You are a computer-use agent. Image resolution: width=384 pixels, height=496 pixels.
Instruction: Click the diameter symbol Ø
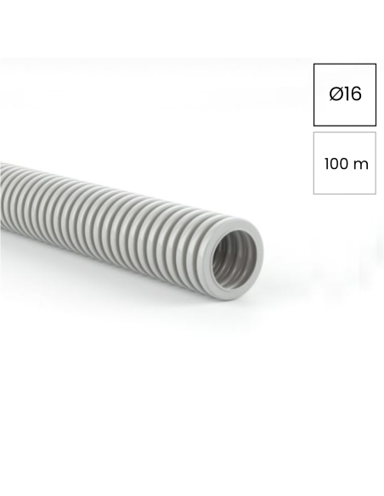coord(336,94)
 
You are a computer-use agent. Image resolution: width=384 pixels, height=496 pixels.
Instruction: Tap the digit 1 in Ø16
coord(347,94)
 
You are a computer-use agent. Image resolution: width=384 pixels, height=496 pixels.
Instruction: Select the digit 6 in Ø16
coord(356,94)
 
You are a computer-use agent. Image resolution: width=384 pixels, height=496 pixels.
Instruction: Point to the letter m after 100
coord(361,164)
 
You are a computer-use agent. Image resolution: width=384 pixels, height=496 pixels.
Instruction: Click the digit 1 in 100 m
coord(327,164)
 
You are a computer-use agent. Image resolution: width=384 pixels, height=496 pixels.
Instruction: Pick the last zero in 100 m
coord(344,164)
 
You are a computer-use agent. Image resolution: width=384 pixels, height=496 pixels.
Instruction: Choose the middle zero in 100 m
coord(335,164)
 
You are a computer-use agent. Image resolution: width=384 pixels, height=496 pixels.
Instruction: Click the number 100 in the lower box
coord(336,164)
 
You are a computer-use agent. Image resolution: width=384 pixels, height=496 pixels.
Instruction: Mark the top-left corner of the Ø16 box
coord(313,64)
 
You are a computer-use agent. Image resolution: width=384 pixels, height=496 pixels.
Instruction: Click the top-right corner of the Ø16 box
coord(376,64)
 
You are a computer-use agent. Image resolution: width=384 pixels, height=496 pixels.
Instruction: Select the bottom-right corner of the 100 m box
coord(376,194)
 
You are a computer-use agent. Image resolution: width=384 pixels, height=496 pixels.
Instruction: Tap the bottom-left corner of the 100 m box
coord(313,194)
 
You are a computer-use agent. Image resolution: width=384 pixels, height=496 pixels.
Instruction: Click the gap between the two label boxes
coord(344,129)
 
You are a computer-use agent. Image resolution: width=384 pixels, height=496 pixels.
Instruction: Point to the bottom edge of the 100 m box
coord(344,194)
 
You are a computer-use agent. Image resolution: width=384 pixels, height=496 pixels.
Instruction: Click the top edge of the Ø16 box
coord(344,64)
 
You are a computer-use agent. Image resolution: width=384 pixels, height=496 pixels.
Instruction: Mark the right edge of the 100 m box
coord(376,163)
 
